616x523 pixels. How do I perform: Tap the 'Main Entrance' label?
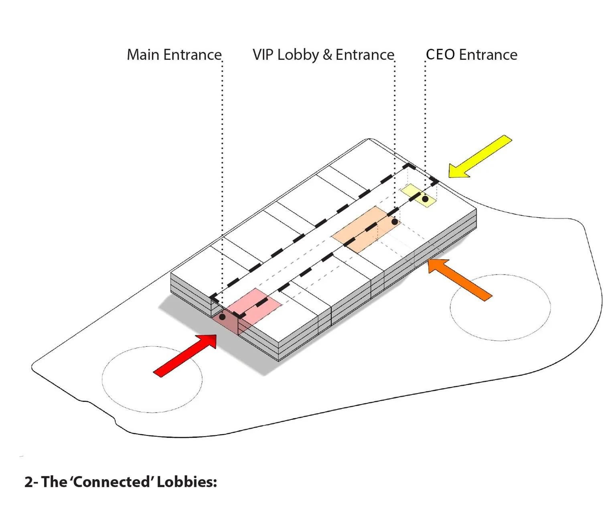click(x=174, y=55)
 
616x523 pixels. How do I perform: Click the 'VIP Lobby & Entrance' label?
click(x=323, y=55)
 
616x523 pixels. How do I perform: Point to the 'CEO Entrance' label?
click(x=471, y=55)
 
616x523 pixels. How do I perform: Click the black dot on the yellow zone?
click(x=425, y=199)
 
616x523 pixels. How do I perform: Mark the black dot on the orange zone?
click(x=395, y=222)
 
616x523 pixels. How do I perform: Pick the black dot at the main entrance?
click(x=222, y=317)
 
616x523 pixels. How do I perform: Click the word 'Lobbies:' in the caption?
click(x=187, y=482)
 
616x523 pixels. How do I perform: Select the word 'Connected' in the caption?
click(x=112, y=482)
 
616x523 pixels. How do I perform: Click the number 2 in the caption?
click(x=28, y=482)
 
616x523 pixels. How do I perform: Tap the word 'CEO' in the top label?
click(x=440, y=55)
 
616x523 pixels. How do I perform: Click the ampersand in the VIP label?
click(x=327, y=55)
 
